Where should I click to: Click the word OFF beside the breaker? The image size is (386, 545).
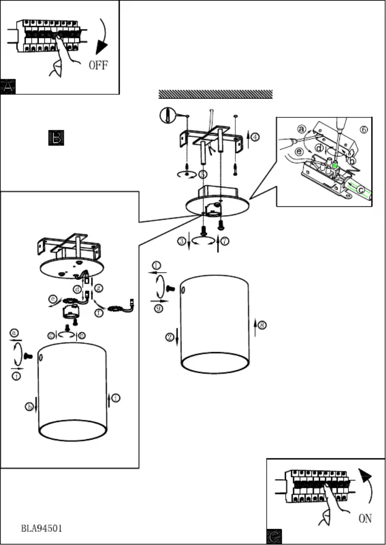click(x=98, y=65)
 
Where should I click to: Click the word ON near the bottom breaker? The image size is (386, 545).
click(x=365, y=519)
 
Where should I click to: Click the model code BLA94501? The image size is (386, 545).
click(x=41, y=528)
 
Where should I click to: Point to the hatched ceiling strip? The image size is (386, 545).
click(x=215, y=94)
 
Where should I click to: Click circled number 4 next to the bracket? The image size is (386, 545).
click(x=255, y=137)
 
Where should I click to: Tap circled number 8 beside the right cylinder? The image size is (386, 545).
click(x=262, y=325)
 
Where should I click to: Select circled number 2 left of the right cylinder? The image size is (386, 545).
click(x=170, y=337)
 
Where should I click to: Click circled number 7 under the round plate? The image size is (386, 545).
click(x=225, y=241)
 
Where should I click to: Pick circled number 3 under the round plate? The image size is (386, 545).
click(x=181, y=241)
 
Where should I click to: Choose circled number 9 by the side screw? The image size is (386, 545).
click(x=158, y=308)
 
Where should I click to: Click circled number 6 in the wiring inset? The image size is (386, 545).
click(x=364, y=129)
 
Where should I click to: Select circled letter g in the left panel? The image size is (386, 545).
click(x=98, y=288)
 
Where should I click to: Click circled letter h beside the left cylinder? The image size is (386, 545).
click(x=29, y=407)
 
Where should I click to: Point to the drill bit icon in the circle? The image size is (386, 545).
click(x=166, y=114)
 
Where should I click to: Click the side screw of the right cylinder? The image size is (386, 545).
click(x=169, y=289)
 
